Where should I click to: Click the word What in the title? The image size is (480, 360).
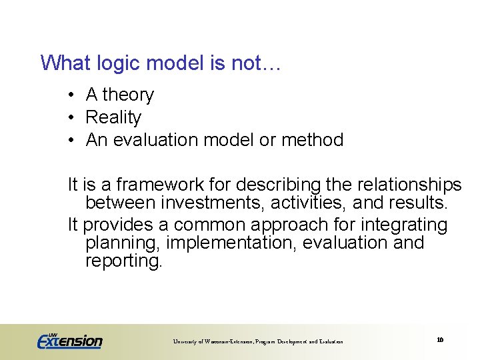pyautogui.click(x=65, y=63)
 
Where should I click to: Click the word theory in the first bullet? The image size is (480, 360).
pyautogui.click(x=128, y=95)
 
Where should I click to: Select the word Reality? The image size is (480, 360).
pyautogui.click(x=113, y=118)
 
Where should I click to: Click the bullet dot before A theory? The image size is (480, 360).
pyautogui.click(x=71, y=95)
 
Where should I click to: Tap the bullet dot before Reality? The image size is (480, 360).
pyautogui.click(x=71, y=118)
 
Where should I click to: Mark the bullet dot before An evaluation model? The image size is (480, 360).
pyautogui.click(x=71, y=140)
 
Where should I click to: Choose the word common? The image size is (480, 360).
pyautogui.click(x=211, y=225)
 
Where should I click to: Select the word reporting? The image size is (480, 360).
pyautogui.click(x=123, y=261)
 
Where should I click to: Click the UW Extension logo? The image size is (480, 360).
pyautogui.click(x=69, y=340)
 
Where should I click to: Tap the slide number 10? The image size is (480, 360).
pyautogui.click(x=440, y=340)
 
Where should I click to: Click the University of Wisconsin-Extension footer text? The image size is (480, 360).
pyautogui.click(x=258, y=341)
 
